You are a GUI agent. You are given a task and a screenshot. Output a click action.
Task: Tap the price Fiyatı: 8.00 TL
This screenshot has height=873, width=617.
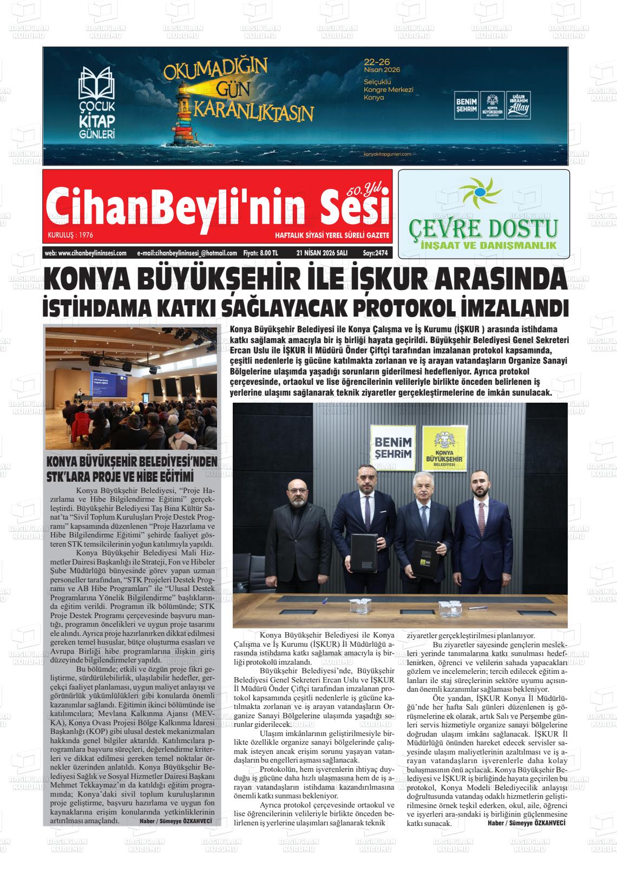pos(260,253)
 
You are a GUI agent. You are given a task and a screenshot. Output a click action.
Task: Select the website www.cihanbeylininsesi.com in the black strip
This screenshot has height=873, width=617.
pos(86,253)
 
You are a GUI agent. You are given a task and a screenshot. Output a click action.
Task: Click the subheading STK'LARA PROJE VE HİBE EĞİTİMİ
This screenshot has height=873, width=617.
pos(120,477)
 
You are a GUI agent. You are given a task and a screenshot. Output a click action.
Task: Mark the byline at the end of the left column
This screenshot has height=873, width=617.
pos(175,821)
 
